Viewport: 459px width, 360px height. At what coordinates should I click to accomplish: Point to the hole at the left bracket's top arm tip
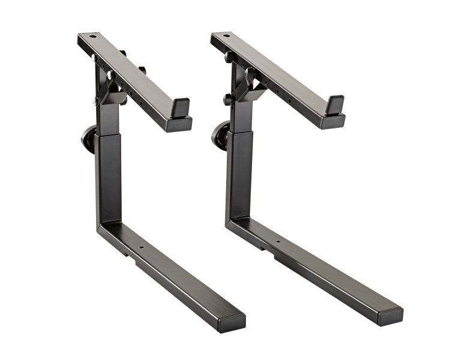(x=92, y=37)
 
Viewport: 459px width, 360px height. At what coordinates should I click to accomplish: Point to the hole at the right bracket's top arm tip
(x=226, y=35)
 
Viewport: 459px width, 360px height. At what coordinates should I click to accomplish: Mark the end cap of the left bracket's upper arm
(x=179, y=124)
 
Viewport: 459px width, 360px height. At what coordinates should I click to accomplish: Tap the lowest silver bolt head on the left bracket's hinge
(x=96, y=102)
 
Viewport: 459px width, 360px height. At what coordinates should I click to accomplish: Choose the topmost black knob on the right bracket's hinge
(x=229, y=58)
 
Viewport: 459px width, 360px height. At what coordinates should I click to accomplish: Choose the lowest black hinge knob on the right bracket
(x=228, y=99)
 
